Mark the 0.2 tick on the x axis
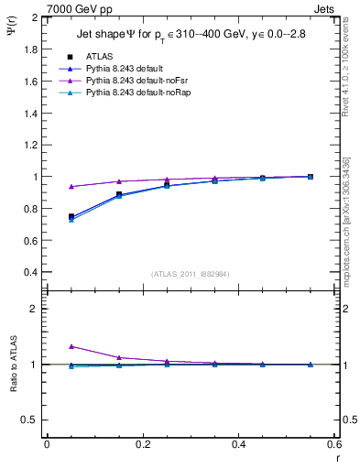point(142,443)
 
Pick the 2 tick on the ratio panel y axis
point(34,309)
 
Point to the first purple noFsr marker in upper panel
point(71,186)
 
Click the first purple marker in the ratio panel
point(71,346)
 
